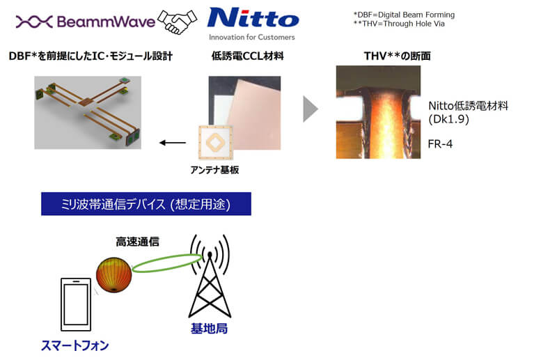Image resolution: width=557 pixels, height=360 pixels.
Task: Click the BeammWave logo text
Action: (106, 22)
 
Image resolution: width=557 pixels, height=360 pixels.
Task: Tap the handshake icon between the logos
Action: (178, 22)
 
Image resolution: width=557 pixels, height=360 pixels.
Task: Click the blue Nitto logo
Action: (253, 18)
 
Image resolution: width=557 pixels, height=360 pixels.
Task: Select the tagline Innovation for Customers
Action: (252, 37)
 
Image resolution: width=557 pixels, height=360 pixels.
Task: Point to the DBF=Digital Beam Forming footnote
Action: (404, 15)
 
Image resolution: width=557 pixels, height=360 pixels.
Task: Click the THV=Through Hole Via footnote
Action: (399, 24)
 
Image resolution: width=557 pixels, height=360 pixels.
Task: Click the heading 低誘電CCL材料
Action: (247, 56)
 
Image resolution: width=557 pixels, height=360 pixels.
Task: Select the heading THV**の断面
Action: (397, 56)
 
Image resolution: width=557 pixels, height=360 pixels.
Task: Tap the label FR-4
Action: (440, 143)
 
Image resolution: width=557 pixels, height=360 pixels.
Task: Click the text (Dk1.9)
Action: (448, 119)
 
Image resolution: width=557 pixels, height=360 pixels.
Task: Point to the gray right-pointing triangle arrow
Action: (311, 109)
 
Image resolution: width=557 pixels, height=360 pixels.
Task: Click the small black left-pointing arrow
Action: (173, 143)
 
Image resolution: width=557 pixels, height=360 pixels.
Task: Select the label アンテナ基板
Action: (214, 170)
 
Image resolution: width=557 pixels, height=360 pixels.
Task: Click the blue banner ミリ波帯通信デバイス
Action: (146, 204)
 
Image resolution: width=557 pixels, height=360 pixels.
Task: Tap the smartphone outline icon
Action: (76, 304)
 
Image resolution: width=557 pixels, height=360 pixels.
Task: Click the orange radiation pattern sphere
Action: (113, 275)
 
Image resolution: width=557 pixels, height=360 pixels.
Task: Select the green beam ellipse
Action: (167, 263)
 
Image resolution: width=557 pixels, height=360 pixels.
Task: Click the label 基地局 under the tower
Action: (210, 329)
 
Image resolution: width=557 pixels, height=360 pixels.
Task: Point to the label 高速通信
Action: (137, 242)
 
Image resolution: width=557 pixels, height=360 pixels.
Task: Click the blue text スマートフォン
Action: (75, 345)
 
